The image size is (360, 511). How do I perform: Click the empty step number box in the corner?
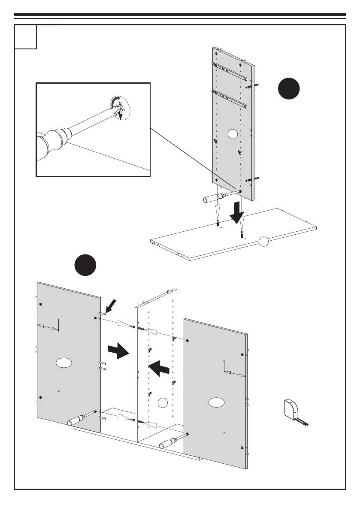click(x=25, y=36)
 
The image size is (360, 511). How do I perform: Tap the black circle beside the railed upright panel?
click(x=288, y=89)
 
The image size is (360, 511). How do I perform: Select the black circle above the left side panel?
click(x=84, y=266)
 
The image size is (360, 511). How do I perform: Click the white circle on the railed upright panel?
click(x=233, y=134)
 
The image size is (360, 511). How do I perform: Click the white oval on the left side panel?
click(x=64, y=363)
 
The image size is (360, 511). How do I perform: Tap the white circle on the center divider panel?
click(x=162, y=402)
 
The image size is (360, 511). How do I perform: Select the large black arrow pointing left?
click(x=159, y=367)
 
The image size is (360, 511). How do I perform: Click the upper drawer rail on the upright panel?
click(x=230, y=72)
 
